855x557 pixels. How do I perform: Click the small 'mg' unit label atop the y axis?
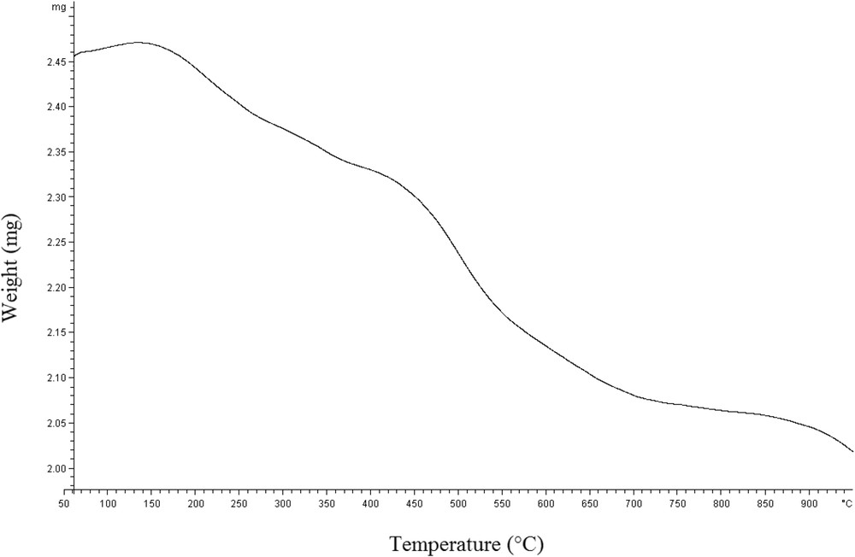coord(57,7)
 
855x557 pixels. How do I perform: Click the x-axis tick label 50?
coord(64,504)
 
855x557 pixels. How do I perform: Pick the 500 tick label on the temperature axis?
coord(457,504)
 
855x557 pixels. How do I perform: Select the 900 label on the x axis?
coord(808,504)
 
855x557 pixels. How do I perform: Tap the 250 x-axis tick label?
coord(239,504)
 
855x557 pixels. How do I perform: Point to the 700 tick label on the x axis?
coord(633,504)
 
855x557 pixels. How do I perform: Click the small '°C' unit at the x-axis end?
coord(846,504)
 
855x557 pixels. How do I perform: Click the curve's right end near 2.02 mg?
coord(852,451)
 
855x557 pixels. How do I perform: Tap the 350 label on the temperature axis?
coord(327,504)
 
